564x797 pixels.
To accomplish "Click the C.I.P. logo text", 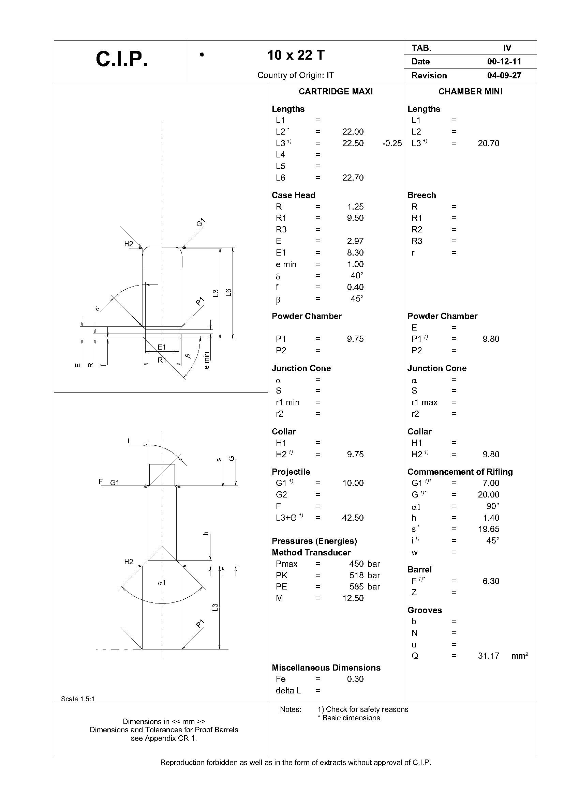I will pos(122,59).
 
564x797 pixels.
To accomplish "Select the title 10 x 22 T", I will pos(296,55).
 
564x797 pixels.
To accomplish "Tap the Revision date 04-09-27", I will pos(504,75).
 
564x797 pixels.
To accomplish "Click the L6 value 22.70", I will pos(353,178).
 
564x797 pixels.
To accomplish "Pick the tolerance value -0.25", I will pos(392,143).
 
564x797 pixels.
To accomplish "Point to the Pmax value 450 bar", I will pos(364,564).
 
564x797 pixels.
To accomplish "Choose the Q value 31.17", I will pos(488,656).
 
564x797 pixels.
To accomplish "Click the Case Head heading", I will pos(293,195).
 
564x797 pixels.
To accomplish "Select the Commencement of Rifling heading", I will pos(460,472).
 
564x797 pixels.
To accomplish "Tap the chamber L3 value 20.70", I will pos(488,143).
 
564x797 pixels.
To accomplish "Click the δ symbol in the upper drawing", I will pos(97,308).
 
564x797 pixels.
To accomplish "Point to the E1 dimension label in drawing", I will pos(162,347).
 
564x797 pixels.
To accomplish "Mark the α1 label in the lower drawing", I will pos(162,583).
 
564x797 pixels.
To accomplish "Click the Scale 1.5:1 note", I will pos(77,699).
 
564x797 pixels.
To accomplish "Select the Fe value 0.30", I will pos(355,679).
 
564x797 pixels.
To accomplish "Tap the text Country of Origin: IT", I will pos(296,75).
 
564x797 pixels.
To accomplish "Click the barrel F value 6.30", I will pos(491,581).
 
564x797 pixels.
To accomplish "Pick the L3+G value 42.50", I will pos(353,518).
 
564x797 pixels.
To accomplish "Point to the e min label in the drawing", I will pos(207,361).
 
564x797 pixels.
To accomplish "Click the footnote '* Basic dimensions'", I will pos(349,718).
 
